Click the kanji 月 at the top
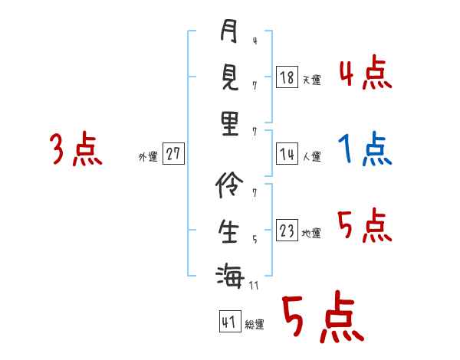coord(228,32)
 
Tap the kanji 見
coord(228,77)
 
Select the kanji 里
coord(229,122)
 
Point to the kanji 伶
coord(228,185)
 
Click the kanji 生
coord(228,230)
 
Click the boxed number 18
coord(286,77)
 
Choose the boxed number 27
coord(173,154)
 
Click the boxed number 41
coord(228,322)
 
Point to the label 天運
coord(311,80)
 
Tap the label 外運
coord(147,157)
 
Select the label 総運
coord(255,325)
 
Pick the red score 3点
coord(75,149)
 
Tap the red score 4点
coord(365,74)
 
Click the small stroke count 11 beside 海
coord(255,286)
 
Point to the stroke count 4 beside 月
coord(254,41)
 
